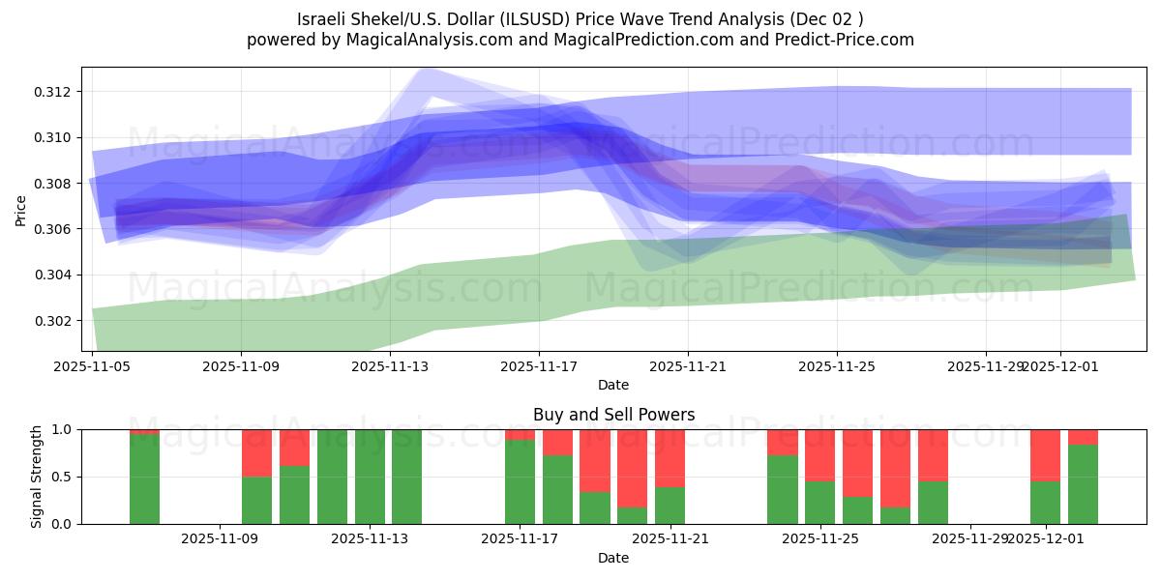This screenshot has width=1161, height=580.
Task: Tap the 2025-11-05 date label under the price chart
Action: click(x=92, y=366)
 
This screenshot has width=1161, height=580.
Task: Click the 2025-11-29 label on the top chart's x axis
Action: click(x=985, y=366)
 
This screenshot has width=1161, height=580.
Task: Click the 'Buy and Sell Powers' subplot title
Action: click(x=613, y=415)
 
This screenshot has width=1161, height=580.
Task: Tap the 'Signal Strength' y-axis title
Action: click(x=36, y=477)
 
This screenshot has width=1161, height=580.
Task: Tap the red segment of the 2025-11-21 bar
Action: click(x=670, y=457)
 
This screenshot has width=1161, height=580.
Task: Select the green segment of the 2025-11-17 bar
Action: click(x=520, y=481)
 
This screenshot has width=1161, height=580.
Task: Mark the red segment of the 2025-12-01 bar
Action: click(x=1045, y=454)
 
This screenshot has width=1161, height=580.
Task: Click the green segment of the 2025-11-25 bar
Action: click(x=819, y=502)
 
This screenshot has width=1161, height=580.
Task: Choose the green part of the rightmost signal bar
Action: click(x=1083, y=484)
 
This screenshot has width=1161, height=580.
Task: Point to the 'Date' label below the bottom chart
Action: click(x=613, y=558)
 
